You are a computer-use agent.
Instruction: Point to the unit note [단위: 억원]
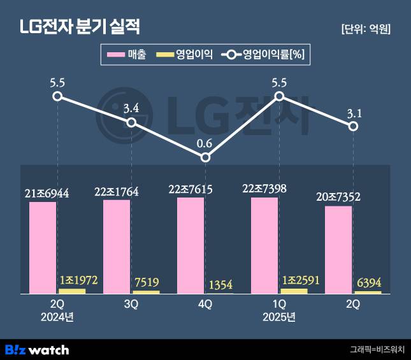click(x=366, y=29)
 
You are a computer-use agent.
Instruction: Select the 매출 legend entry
click(x=127, y=55)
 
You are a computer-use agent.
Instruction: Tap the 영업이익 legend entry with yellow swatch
click(x=185, y=55)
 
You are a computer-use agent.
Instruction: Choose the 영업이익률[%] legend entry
click(x=264, y=55)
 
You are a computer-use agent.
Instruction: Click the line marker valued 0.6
click(x=205, y=157)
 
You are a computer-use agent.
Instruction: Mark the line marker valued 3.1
click(x=354, y=126)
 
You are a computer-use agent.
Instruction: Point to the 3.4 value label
click(x=131, y=106)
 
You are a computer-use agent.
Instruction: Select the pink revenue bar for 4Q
click(x=191, y=245)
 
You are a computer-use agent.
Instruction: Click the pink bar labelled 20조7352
click(x=338, y=249)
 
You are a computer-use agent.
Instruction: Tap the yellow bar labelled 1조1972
click(x=72, y=291)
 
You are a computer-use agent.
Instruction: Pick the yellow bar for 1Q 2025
click(x=294, y=291)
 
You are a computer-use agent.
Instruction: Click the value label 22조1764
click(x=116, y=191)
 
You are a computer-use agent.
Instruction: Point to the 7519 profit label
click(x=146, y=282)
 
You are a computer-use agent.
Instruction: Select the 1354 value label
click(x=220, y=285)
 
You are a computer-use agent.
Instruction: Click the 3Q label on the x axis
click(x=131, y=305)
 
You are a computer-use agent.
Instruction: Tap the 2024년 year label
click(x=57, y=317)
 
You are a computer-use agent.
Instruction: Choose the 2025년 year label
click(x=279, y=317)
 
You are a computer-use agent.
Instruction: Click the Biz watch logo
click(x=37, y=349)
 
